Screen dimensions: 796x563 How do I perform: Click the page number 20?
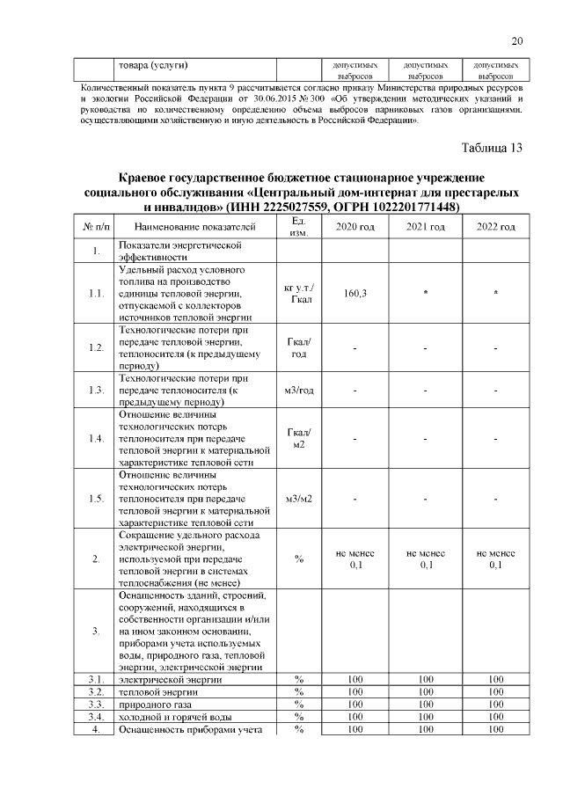516,41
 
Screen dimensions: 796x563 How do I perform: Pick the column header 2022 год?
496,228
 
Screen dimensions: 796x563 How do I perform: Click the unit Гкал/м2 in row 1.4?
299,438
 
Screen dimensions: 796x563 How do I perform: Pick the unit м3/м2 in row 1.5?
299,499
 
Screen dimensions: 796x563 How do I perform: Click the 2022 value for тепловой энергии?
496,692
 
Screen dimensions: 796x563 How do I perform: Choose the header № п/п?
96,228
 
